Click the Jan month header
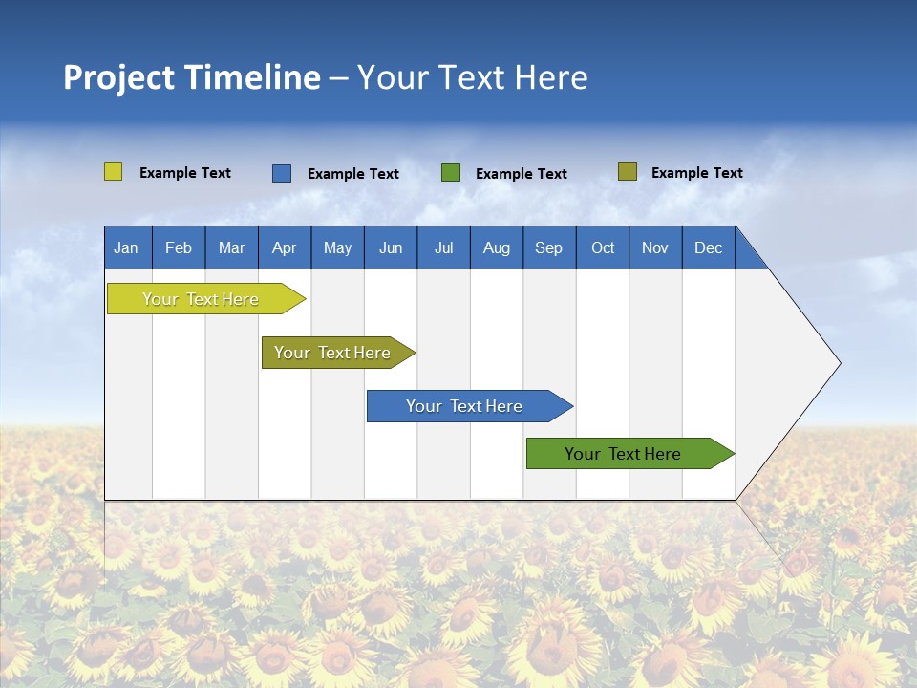point(127,247)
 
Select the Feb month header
point(179,247)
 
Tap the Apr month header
point(284,247)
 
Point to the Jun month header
point(391,247)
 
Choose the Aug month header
point(497,247)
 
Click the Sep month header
point(549,247)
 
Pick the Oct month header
point(603,247)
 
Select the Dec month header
point(709,247)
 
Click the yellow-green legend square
point(114,172)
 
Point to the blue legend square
point(282,173)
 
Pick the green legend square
point(451,173)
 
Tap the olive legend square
point(628,172)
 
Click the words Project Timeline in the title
point(191,77)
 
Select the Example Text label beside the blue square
point(353,174)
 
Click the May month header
point(337,247)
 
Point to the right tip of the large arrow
point(838,363)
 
